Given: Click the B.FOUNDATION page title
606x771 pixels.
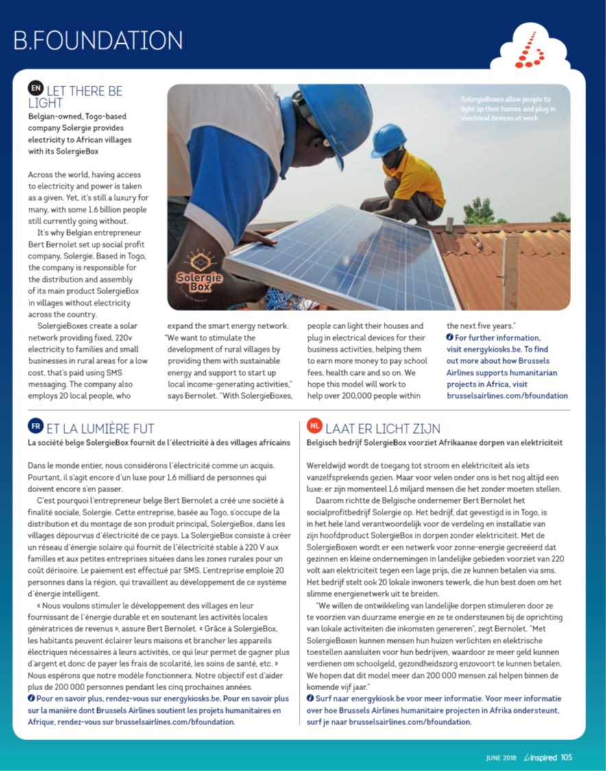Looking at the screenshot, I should click(x=98, y=40).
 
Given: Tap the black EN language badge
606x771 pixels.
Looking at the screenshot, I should click(x=36, y=88).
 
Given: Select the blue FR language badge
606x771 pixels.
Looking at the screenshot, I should click(x=36, y=426).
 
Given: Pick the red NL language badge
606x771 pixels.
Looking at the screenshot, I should click(x=315, y=426).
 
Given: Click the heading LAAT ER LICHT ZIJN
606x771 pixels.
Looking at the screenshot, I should click(x=383, y=428).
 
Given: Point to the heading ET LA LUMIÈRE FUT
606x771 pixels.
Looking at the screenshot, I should click(x=100, y=428).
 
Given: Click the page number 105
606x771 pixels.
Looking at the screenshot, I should click(x=566, y=757).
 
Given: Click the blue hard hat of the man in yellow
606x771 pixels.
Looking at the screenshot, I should click(x=389, y=139).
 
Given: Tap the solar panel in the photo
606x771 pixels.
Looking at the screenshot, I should click(x=343, y=257).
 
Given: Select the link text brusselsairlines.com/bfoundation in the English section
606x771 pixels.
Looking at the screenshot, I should click(x=507, y=395).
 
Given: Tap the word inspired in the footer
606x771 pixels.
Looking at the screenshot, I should click(x=543, y=758).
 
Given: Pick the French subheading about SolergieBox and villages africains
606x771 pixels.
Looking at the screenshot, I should click(x=158, y=443).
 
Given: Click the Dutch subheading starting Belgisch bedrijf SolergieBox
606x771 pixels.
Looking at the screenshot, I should click(x=435, y=443).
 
